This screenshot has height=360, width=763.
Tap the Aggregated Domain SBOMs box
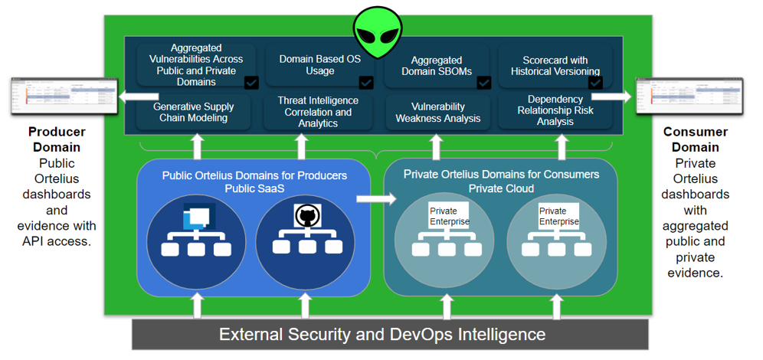[436, 66]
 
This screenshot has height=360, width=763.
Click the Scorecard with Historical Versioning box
[555, 65]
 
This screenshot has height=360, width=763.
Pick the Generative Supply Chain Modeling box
[193, 112]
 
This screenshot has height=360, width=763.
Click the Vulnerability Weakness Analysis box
[437, 112]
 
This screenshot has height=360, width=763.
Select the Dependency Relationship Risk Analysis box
[555, 110]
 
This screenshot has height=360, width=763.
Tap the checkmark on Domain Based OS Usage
[366, 82]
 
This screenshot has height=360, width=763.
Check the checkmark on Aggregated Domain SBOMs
[483, 82]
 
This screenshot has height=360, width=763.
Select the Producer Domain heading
[57, 139]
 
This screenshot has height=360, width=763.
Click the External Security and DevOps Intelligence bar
[382, 334]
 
